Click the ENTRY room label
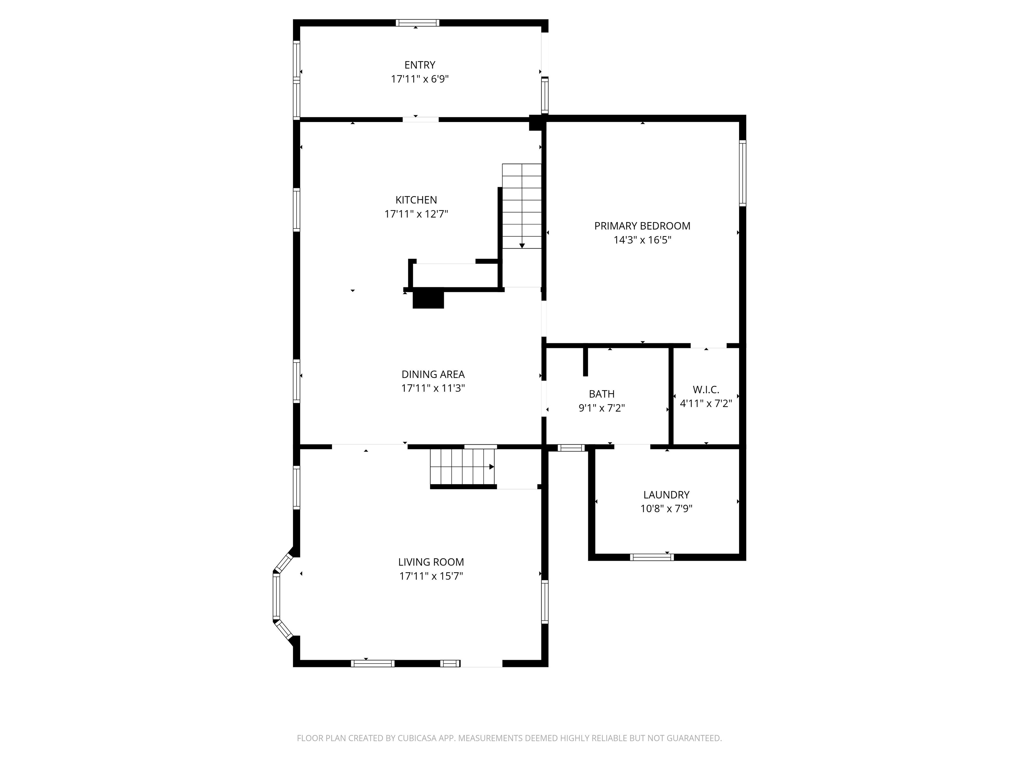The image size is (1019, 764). click(x=420, y=65)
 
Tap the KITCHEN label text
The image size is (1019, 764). click(x=416, y=200)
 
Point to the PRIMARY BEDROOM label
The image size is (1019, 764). click(x=642, y=226)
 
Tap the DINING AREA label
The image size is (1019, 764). click(x=433, y=374)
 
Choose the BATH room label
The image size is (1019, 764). click(x=602, y=394)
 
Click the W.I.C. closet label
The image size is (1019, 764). click(x=706, y=390)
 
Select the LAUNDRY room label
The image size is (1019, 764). click(x=666, y=495)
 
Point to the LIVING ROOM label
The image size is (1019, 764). click(x=431, y=562)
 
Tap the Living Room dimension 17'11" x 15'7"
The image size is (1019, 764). click(x=431, y=576)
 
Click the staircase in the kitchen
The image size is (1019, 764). click(x=521, y=206)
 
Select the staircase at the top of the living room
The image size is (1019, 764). click(x=462, y=467)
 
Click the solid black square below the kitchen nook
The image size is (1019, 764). click(x=428, y=299)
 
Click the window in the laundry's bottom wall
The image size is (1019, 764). click(x=652, y=557)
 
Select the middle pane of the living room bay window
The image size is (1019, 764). click(x=276, y=596)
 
